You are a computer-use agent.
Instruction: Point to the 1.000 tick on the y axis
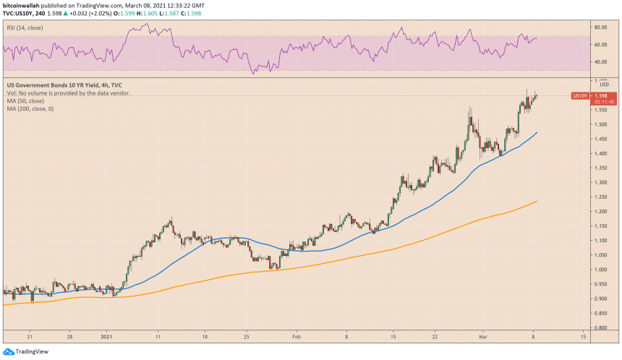pyautogui.click(x=600, y=270)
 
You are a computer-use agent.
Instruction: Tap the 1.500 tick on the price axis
pyautogui.click(x=600, y=124)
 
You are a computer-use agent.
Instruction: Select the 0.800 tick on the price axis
pyautogui.click(x=600, y=327)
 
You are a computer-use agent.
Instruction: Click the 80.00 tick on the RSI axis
pyautogui.click(x=600, y=27)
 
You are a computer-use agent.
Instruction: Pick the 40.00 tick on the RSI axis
pyautogui.click(x=600, y=62)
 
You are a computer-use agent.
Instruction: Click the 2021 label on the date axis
pyautogui.click(x=106, y=337)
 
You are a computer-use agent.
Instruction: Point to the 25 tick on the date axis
pyautogui.click(x=247, y=337)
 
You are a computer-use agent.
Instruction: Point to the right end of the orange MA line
pyautogui.click(x=536, y=202)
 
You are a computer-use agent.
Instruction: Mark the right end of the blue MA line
pyautogui.click(x=536, y=133)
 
